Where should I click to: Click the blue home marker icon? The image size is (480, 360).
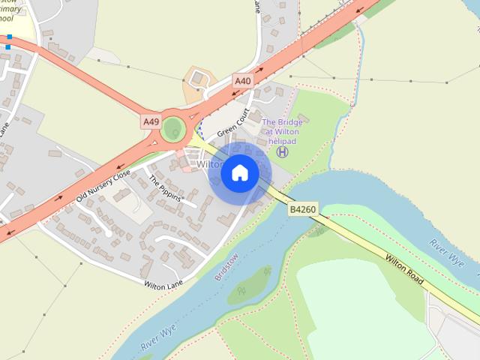point(239,173)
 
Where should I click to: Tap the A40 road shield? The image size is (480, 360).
point(242,80)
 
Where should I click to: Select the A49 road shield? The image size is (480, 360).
point(151,120)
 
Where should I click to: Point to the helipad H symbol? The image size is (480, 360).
point(282,151)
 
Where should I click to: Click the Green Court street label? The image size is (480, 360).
point(233,124)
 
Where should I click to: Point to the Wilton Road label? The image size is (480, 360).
point(406,268)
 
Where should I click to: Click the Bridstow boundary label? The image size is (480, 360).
point(226,265)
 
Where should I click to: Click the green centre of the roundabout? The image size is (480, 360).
point(173,128)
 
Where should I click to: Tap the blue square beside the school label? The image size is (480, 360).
point(9,47)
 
